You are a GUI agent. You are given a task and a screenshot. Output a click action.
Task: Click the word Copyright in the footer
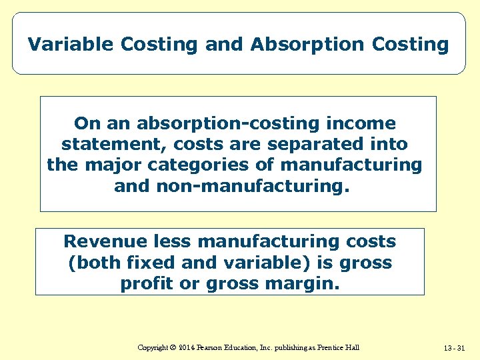pos(152,348)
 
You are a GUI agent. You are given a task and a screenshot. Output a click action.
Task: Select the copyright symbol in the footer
pos(172,348)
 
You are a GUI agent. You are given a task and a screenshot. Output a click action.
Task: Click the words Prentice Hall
pos(338,348)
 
